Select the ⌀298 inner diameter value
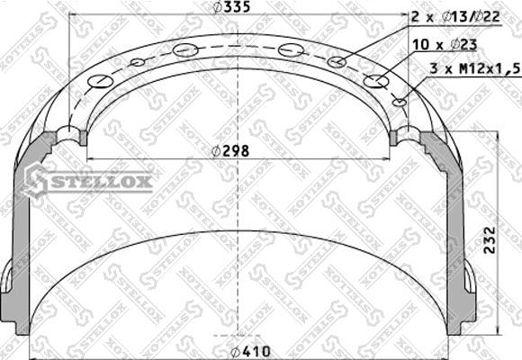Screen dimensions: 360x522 [230, 150]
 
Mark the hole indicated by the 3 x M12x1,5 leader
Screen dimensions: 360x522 [400, 103]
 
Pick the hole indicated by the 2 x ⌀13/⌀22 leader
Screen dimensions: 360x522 [337, 61]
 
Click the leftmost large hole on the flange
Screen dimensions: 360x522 [101, 82]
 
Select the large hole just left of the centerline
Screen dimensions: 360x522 [186, 49]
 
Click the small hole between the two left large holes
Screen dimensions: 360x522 [137, 62]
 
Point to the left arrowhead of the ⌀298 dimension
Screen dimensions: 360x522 [86, 159]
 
